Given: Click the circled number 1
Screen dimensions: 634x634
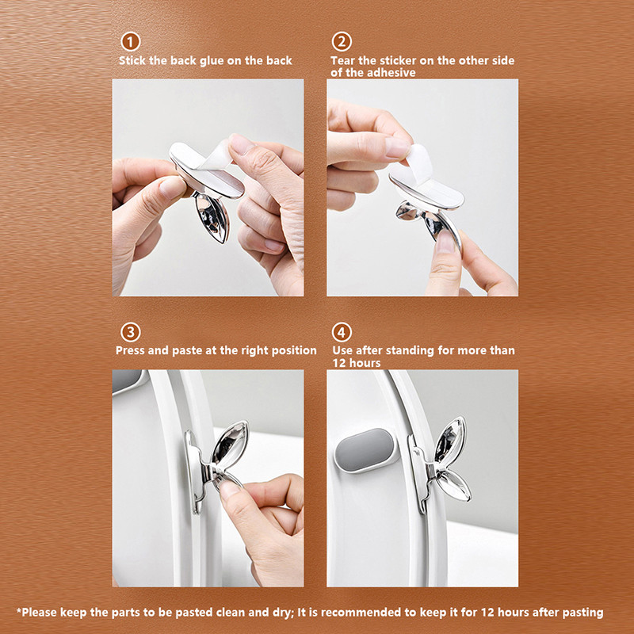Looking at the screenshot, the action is coord(130,42).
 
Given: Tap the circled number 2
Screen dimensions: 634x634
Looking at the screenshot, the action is coord(342,42).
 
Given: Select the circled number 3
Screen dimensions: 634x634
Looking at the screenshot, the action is coord(130,332).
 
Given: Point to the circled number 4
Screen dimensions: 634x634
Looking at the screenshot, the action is coord(342,332).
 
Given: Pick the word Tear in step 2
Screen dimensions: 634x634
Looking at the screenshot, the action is coord(343,61).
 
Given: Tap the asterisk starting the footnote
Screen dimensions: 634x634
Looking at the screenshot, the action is coord(18,610).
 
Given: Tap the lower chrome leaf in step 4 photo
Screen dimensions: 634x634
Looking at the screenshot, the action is coord(453,486).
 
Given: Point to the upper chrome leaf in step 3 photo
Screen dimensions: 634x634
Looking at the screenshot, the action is coord(231,442).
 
